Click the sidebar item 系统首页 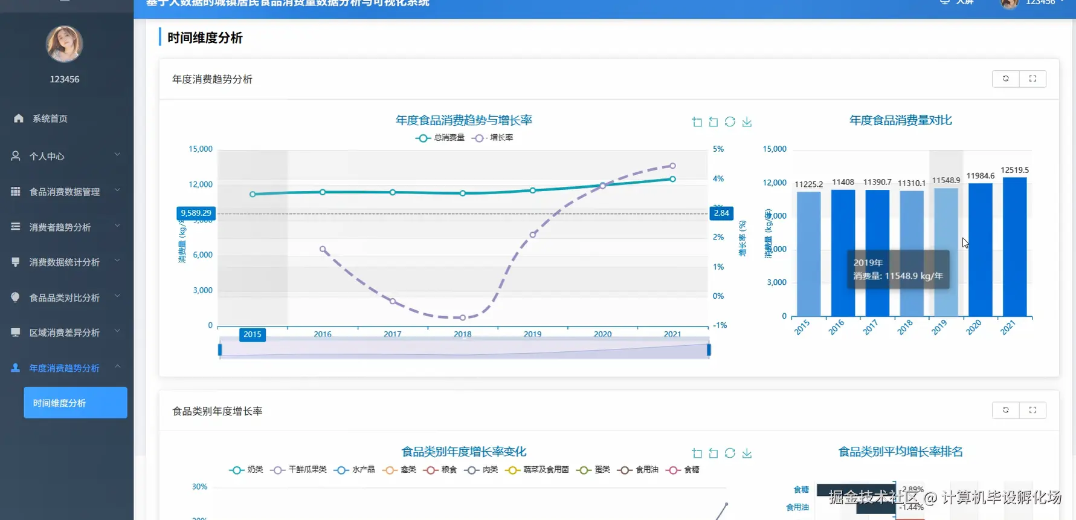50,119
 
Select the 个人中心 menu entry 47,156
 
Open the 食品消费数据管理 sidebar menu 65,192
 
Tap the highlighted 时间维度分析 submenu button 75,403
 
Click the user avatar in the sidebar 64,44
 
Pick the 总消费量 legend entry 440,138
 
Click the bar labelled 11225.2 808,254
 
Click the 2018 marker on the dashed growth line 463,317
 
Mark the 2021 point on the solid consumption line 672,179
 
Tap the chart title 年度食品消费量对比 900,120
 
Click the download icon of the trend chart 747,122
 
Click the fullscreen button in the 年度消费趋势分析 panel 1033,79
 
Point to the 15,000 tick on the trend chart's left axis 201,149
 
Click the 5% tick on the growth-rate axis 718,149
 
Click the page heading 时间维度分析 205,37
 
